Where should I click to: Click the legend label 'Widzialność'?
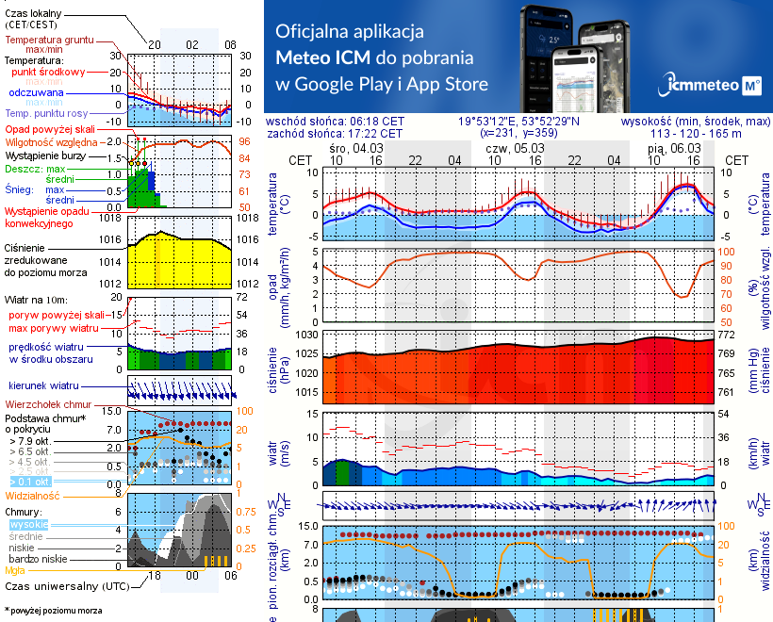[x=33, y=495]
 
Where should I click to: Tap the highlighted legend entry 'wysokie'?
[x=29, y=523]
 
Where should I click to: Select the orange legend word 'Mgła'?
[x=15, y=569]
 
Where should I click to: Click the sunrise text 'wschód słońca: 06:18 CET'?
[x=336, y=122]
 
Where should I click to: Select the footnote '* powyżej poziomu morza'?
[x=53, y=611]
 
